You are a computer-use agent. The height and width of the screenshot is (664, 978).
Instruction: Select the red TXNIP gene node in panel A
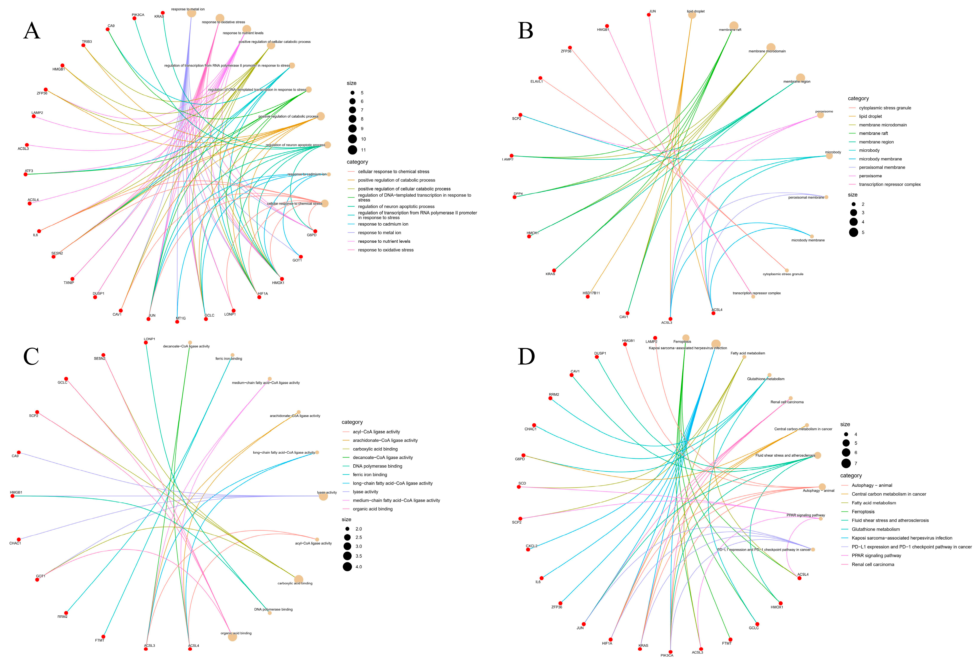click(72, 279)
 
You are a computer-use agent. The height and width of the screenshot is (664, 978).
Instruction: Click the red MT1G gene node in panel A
click(177, 322)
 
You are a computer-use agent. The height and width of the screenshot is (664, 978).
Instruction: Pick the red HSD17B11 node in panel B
click(587, 297)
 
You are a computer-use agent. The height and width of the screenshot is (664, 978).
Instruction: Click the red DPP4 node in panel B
click(514, 197)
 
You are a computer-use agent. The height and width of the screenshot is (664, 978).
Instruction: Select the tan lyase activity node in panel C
click(323, 496)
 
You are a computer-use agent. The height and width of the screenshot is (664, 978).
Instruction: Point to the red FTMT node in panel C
click(103, 637)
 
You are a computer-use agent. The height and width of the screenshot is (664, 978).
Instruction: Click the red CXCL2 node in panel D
click(528, 550)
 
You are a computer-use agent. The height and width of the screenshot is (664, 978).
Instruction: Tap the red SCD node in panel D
click(519, 487)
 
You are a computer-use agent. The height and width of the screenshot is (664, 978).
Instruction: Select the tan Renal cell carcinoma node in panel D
click(790, 399)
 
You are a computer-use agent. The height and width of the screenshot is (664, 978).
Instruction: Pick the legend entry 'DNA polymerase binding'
click(377, 466)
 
